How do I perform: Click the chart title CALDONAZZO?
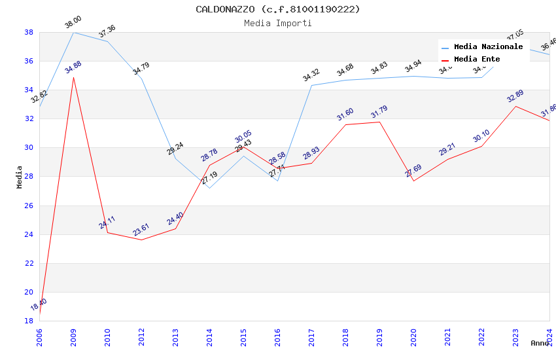click(277, 9)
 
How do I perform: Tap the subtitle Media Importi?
click(277, 24)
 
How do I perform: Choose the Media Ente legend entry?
click(477, 60)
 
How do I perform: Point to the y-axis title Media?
click(20, 177)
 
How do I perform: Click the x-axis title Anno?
click(540, 343)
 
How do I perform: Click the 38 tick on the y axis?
click(29, 32)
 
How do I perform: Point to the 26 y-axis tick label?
click(29, 206)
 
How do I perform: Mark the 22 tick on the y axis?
click(29, 263)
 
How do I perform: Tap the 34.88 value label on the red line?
click(73, 67)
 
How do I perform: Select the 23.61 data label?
click(141, 230)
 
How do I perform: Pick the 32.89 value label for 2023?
click(515, 96)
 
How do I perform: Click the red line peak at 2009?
click(73, 77)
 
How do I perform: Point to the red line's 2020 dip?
click(413, 181)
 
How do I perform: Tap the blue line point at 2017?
click(311, 85)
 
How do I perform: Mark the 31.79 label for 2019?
click(379, 112)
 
